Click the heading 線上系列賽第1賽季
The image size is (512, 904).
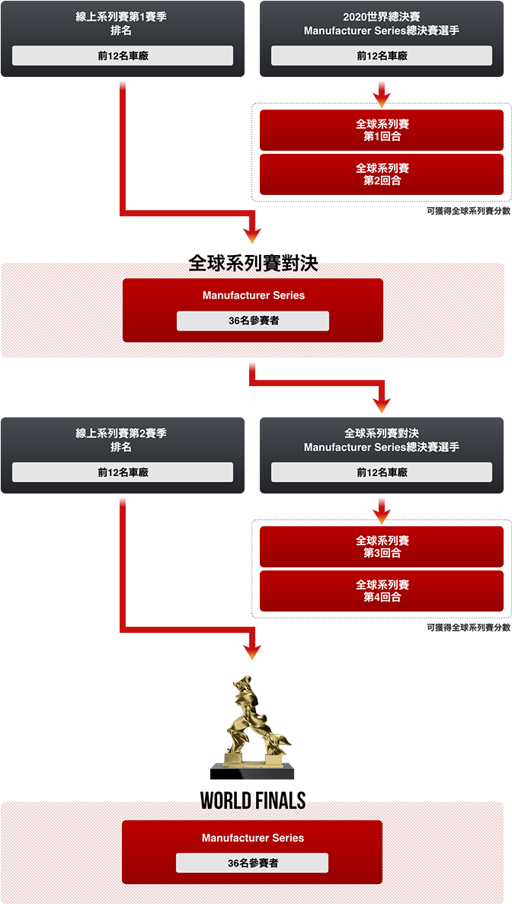point(121,17)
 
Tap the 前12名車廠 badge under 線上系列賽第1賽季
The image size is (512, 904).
point(123,56)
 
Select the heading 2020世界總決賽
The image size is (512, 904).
point(382,17)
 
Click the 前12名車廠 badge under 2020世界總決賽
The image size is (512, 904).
point(382,56)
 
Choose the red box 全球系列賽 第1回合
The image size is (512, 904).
point(382,129)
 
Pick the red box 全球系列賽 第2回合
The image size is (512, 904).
point(382,174)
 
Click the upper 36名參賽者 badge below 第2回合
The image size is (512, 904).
point(253,321)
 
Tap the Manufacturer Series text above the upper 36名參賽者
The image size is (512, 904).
point(253,295)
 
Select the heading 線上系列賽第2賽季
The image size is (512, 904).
point(121,433)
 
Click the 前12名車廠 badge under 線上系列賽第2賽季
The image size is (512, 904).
point(123,472)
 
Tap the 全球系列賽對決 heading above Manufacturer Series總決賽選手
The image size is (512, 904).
point(382,433)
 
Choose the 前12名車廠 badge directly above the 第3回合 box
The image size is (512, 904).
point(382,472)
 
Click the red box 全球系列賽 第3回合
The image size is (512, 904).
point(382,546)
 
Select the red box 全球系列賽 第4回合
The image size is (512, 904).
point(382,591)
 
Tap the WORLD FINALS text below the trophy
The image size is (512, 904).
point(253,802)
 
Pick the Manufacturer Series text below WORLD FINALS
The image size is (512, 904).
point(253,838)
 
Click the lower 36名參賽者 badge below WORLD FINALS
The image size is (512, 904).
point(252,863)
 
